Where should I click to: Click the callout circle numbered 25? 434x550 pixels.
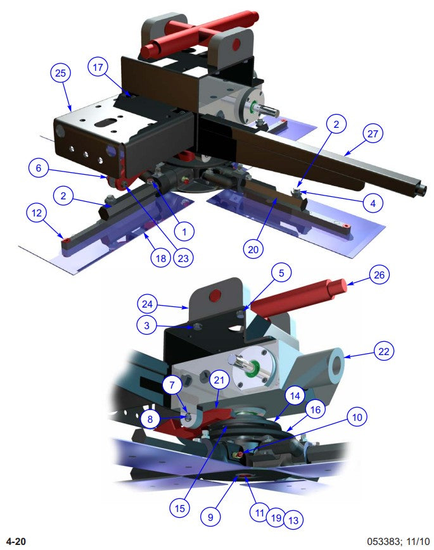point(60,74)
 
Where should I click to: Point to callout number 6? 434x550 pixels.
point(38,168)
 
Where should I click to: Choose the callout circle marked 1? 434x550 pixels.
point(184,232)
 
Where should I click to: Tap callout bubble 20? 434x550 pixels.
point(255,249)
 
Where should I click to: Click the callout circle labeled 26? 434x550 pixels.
point(380,275)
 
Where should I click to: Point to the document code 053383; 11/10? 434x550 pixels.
point(398,541)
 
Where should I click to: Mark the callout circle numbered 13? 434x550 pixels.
point(293,520)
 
